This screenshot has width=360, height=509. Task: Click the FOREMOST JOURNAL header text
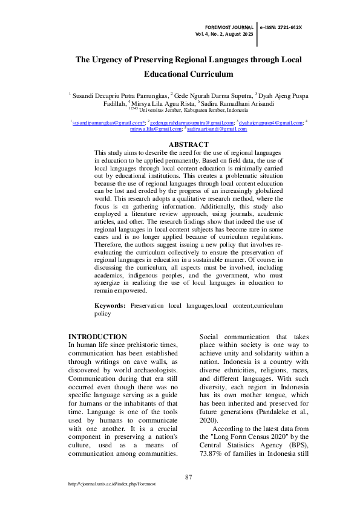tap(229, 28)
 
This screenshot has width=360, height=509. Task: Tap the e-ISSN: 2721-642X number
tap(281, 28)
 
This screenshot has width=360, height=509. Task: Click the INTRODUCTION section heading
tap(97, 337)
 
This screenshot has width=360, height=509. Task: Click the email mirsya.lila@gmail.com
tap(155, 129)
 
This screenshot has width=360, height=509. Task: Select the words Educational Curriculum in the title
tap(188, 74)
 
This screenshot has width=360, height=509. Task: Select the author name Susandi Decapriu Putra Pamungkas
tap(121, 95)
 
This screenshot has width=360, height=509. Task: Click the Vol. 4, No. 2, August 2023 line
tap(224, 35)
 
